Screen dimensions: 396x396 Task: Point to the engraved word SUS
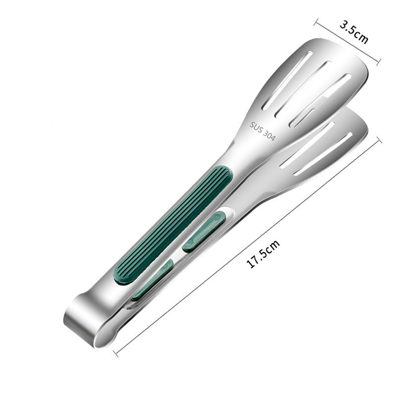coord(257,127)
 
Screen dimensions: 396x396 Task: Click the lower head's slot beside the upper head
coord(309,144)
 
